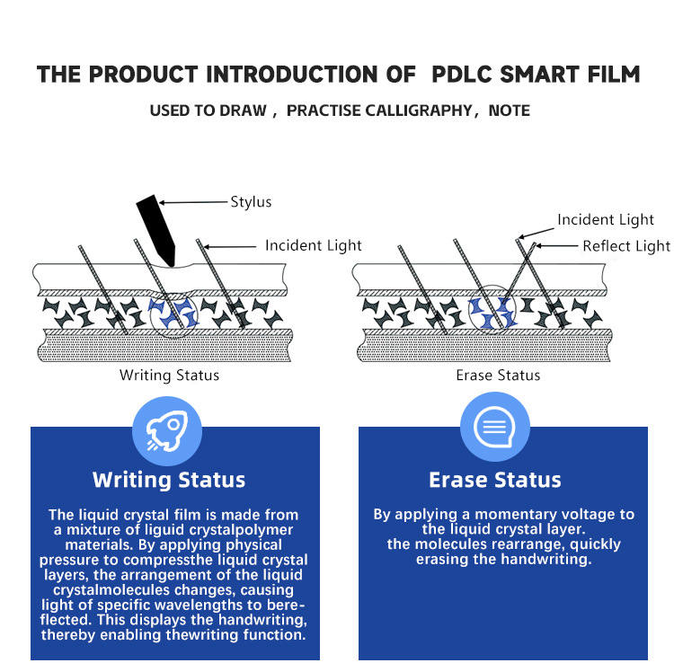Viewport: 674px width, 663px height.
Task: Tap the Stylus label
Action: point(251,202)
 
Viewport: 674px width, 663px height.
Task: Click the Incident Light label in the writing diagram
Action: point(313,245)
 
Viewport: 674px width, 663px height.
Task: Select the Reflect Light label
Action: point(626,246)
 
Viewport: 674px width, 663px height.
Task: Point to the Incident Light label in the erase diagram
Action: point(606,220)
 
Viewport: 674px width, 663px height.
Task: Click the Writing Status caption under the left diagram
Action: point(169,375)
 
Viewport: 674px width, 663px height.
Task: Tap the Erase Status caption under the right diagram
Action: point(498,375)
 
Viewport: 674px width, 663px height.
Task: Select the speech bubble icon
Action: point(495,427)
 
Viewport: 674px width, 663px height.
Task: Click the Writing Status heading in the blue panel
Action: point(169,480)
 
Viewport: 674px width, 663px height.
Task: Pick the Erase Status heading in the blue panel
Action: point(495,480)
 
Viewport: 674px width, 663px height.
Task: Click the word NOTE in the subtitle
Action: point(509,111)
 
